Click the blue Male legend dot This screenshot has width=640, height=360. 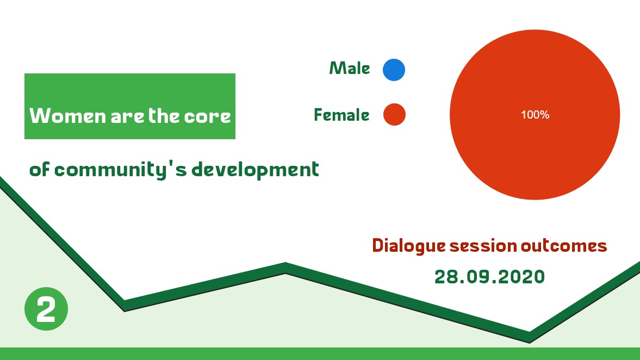394,70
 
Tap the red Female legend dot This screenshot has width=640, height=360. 394,114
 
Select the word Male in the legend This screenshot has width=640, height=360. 350,68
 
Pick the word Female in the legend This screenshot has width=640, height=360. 341,115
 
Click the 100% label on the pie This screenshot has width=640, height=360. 535,115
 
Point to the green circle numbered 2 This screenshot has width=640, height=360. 46,308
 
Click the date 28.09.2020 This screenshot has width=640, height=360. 489,277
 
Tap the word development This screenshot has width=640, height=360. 255,169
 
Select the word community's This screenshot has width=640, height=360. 120,170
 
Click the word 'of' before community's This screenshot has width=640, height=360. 40,169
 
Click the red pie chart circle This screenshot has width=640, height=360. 535,115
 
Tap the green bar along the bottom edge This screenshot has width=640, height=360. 320,353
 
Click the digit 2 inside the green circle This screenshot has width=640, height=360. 46,309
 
